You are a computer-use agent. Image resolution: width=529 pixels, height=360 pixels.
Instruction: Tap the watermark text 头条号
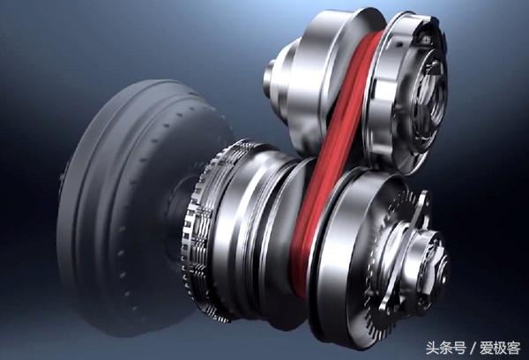pyautogui.click(x=446, y=348)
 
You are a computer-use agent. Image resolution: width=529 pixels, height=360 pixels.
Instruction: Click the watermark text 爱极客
pyautogui.click(x=500, y=348)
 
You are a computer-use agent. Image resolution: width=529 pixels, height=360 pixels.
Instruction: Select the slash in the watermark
pyautogui.click(x=473, y=349)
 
